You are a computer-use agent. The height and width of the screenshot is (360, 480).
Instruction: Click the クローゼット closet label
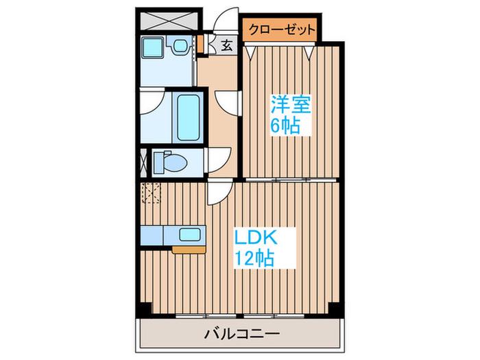pos(282,29)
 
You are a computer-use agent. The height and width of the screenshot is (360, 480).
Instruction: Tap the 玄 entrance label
pos(227,46)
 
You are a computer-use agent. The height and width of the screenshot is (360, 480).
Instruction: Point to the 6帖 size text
pos(285,125)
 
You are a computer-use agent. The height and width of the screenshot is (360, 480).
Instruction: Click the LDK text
pos(256,237)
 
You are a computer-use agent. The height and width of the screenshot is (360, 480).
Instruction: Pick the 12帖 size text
pos(254,258)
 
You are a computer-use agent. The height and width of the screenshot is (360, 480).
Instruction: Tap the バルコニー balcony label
pos(242,334)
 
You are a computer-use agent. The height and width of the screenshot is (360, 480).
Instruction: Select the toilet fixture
pos(170,162)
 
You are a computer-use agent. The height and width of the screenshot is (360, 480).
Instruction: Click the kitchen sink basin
pos(190,235)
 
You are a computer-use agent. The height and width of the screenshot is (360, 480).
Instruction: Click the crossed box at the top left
pos(169,21)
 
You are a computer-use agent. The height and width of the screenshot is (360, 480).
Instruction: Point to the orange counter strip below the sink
pos(189,250)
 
